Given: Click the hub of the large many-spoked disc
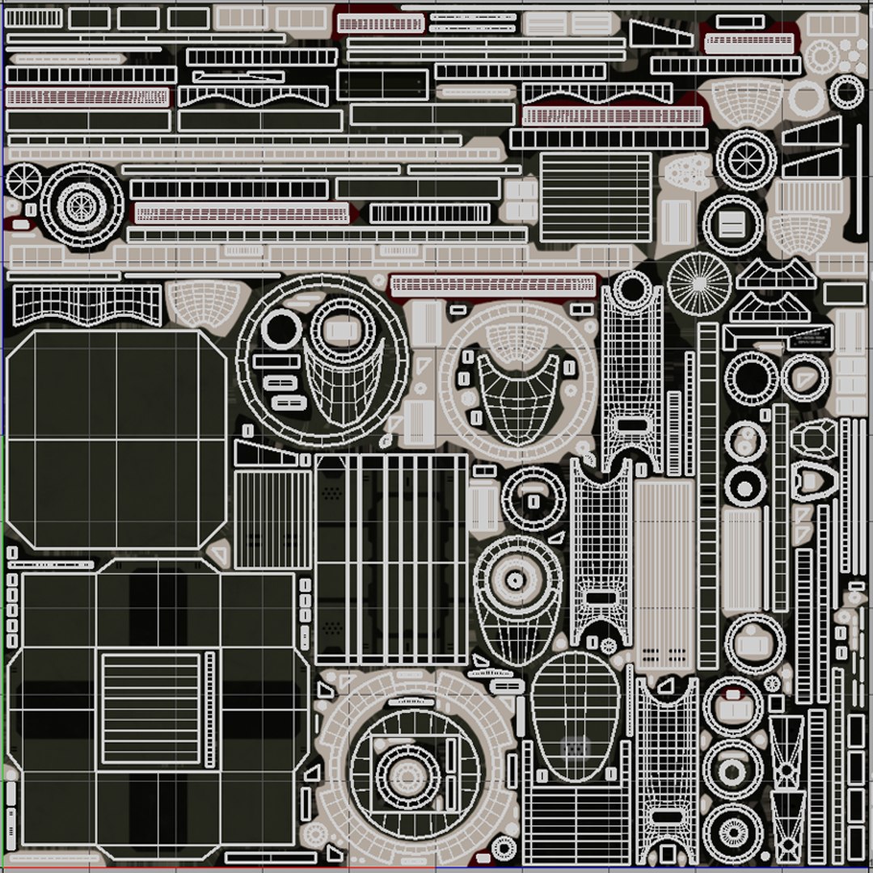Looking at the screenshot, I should [699, 282].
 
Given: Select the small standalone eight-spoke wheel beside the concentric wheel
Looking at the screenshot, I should [23, 179].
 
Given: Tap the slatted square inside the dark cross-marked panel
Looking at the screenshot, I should [150, 708].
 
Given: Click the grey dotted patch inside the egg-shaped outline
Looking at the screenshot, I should [575, 749].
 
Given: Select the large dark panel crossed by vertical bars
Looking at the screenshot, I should [391, 558].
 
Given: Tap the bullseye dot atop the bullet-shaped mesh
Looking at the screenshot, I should [515, 580].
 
